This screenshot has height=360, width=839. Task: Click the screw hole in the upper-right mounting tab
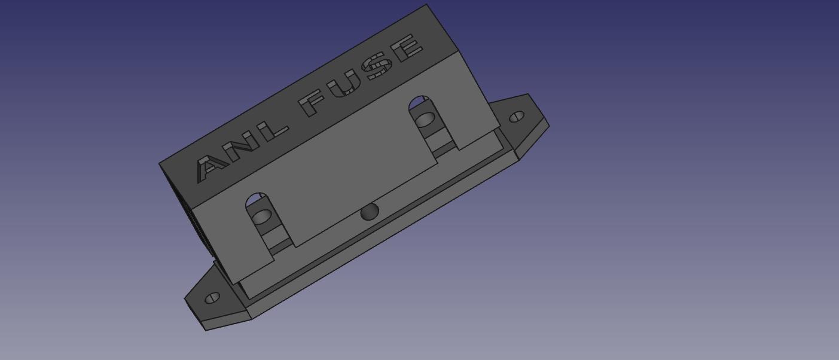click(517, 117)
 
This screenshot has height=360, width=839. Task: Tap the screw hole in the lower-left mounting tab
click(212, 297)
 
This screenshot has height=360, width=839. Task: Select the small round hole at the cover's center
click(370, 212)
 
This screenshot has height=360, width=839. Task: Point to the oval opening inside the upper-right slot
click(425, 120)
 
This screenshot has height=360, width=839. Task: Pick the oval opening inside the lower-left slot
click(261, 216)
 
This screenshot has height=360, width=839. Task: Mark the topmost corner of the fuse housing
click(426, 5)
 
